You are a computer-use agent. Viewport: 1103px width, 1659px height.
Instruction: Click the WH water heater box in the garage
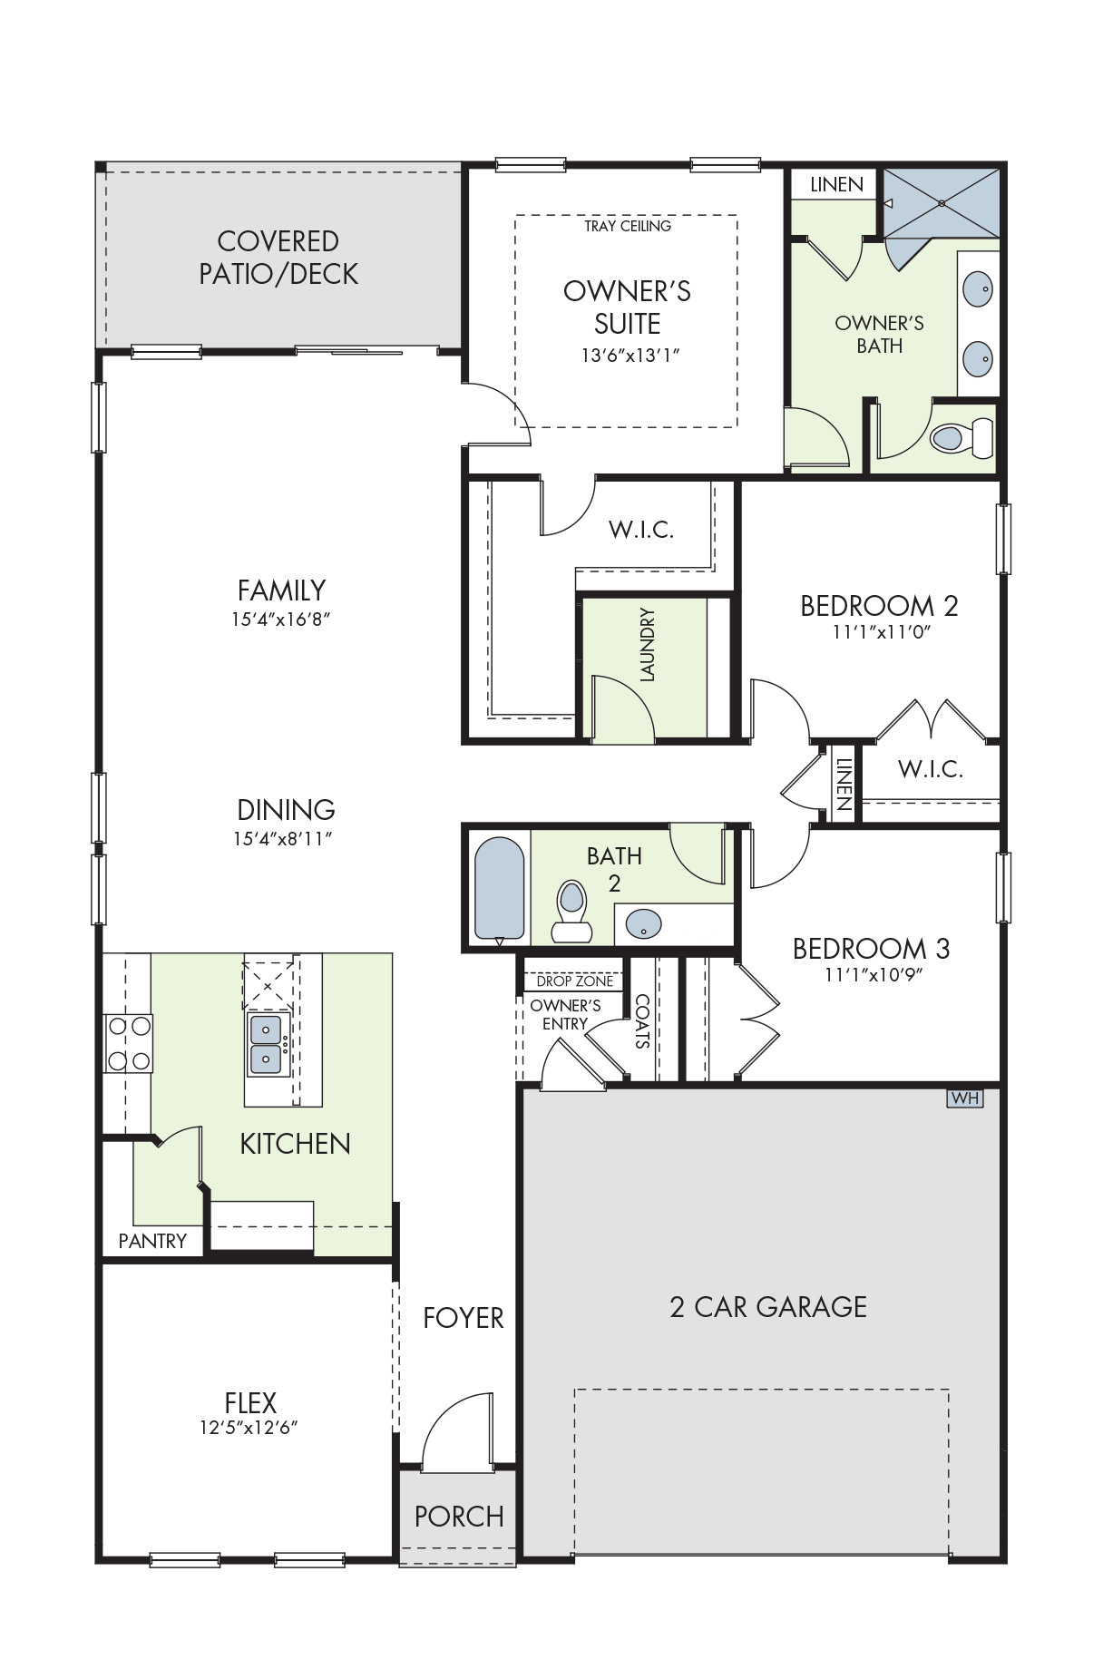965,1098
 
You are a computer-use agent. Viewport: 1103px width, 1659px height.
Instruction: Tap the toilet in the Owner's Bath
962,438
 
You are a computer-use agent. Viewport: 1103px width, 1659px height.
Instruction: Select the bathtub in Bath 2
500,889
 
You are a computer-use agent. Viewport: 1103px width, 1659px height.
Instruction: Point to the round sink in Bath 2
643,925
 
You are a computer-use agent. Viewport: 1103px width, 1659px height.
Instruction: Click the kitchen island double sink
267,1044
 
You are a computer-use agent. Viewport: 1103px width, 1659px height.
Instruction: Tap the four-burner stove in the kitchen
129,1043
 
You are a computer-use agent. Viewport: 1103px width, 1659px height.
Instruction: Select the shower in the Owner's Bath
942,203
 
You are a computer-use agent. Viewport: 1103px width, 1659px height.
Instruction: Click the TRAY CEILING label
628,226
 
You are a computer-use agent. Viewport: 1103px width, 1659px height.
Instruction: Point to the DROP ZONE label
575,981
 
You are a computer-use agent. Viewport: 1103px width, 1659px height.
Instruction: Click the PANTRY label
152,1241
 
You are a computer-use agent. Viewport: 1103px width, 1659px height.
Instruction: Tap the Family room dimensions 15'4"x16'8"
281,620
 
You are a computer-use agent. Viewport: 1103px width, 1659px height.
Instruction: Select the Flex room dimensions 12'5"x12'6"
249,1428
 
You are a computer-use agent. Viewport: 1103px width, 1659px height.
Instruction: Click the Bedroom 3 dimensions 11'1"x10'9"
873,975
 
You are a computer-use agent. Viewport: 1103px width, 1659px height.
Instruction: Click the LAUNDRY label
647,645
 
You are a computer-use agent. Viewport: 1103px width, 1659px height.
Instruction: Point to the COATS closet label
642,1021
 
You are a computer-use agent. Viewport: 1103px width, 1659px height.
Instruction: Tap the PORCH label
459,1517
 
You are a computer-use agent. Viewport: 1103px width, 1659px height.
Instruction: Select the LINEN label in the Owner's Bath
836,185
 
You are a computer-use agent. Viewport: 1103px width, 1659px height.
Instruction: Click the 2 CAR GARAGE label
768,1307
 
